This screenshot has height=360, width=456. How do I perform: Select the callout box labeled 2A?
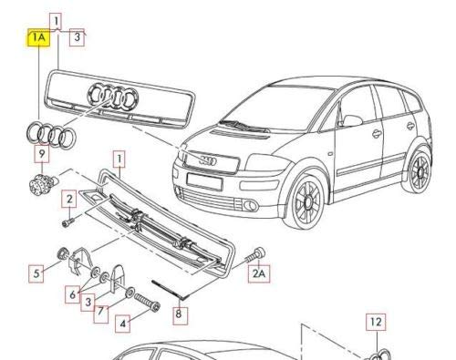[x=260, y=272]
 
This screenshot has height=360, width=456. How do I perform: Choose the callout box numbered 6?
[x=71, y=293]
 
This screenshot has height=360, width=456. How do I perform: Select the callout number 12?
[x=376, y=322]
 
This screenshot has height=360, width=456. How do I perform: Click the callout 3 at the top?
[x=78, y=37]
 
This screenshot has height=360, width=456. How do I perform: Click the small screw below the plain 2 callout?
[x=67, y=221]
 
